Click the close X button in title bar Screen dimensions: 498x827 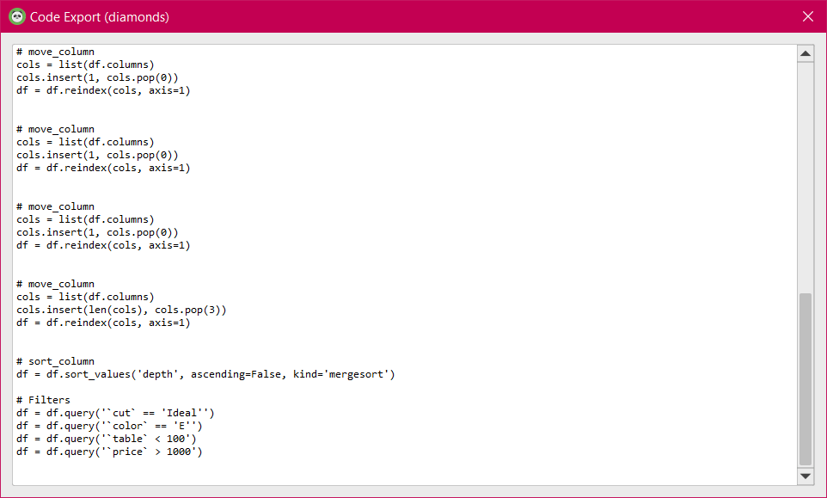pos(807,16)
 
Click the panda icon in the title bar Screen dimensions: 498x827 pos(16,16)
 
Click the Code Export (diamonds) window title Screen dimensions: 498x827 pos(99,16)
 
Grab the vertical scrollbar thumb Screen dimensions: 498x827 pos(806,378)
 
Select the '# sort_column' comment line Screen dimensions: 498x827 pos(55,361)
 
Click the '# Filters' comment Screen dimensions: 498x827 pos(43,400)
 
